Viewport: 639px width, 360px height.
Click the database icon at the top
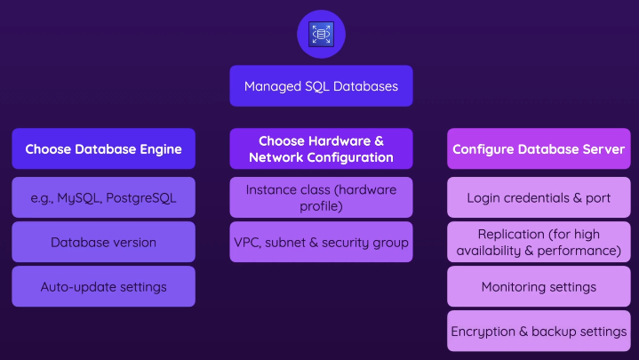point(320,34)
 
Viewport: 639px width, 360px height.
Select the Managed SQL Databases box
point(320,86)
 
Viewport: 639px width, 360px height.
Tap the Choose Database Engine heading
point(103,148)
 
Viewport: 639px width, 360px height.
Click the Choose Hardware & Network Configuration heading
point(321,148)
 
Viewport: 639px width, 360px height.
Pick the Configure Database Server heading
point(539,148)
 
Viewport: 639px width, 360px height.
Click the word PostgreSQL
point(140,197)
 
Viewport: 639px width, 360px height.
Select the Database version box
point(103,242)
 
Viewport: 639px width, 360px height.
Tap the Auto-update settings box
point(103,287)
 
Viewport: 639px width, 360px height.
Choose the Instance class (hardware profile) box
point(321,197)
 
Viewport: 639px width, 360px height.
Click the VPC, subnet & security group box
point(321,242)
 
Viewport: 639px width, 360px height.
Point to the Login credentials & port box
point(539,197)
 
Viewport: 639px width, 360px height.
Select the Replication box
point(539,242)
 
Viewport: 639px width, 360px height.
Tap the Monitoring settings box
point(539,287)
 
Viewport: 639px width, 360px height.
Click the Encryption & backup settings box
point(539,332)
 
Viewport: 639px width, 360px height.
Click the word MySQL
point(79,197)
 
